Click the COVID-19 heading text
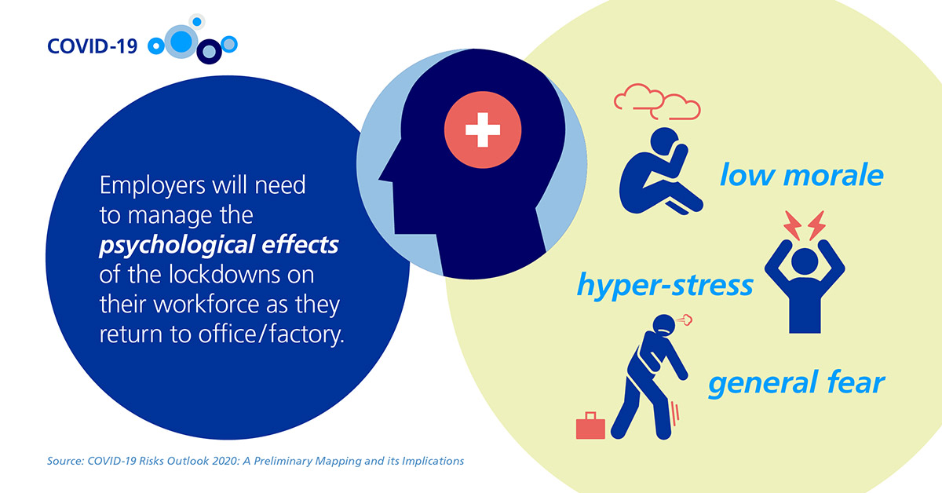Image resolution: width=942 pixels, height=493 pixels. tap(92, 46)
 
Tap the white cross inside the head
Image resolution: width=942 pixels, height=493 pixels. tap(483, 130)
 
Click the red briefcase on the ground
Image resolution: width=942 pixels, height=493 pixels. tap(590, 425)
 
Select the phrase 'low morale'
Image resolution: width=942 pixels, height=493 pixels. tap(801, 175)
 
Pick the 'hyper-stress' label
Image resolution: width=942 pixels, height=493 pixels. tap(665, 285)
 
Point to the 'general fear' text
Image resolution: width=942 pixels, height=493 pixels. tap(797, 383)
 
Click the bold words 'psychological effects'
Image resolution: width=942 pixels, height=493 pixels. tap(219, 245)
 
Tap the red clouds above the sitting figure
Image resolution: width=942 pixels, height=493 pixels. tap(657, 102)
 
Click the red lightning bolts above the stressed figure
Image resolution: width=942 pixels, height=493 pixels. tap(805, 226)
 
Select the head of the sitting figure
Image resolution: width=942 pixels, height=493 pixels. tap(664, 141)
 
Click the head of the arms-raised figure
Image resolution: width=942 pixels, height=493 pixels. tap(805, 261)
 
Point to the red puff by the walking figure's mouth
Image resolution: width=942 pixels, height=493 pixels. tap(685, 320)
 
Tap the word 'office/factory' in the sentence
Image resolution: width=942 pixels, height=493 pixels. tap(272, 335)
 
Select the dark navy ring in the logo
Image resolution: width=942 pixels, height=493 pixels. tap(209, 52)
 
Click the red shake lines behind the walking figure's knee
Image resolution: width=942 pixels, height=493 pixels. tap(675, 414)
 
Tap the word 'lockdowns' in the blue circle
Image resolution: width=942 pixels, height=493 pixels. tap(221, 274)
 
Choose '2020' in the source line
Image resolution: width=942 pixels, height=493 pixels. tap(225, 461)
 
